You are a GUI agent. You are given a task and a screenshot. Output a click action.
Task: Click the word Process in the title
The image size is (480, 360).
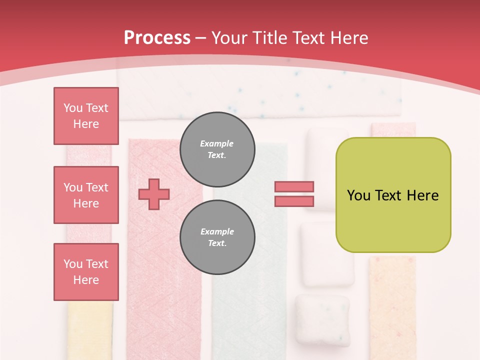click(x=157, y=37)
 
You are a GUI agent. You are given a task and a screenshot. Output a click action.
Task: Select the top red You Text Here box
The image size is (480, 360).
click(x=86, y=116)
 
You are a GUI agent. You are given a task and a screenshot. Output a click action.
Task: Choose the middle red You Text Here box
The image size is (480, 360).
click(x=86, y=195)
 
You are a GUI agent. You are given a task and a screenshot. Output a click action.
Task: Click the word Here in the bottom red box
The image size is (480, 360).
click(x=86, y=280)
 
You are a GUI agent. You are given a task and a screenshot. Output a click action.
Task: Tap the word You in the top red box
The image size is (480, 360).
click(x=72, y=108)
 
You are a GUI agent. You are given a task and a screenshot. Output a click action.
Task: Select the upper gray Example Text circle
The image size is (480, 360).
click(x=217, y=149)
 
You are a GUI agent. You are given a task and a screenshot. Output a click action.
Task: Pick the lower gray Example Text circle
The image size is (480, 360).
click(x=217, y=237)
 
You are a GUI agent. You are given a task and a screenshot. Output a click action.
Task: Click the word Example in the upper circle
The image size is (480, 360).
click(x=217, y=143)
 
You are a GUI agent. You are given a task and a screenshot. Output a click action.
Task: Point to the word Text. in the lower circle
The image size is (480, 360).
click(x=217, y=243)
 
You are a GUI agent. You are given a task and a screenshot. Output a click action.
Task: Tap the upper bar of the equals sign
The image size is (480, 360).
click(x=294, y=187)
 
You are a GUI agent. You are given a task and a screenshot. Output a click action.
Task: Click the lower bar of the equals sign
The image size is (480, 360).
click(x=294, y=201)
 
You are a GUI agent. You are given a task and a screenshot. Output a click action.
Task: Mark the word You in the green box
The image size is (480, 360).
click(x=358, y=195)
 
